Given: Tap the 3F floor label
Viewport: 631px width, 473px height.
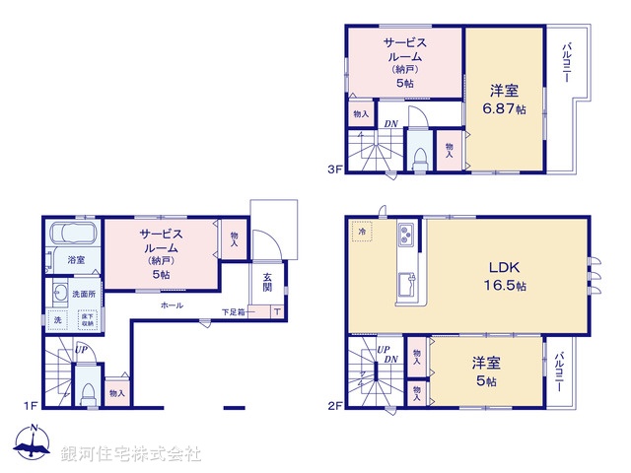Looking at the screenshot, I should click(x=335, y=169).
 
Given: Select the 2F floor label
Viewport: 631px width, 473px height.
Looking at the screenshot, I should click(x=335, y=405).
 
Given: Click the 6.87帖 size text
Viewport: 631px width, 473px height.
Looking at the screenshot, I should click(x=505, y=109).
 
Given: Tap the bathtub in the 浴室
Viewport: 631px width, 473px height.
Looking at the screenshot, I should click(x=71, y=236).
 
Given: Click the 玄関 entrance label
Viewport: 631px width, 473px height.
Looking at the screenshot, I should click(x=267, y=282).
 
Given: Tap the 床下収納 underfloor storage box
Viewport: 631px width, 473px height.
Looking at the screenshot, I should click(x=87, y=319).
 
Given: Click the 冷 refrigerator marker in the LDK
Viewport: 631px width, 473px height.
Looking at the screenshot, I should click(x=362, y=232).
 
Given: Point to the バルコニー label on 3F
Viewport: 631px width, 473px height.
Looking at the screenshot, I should click(x=568, y=65).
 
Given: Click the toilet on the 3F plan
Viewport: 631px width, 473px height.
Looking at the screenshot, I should click(x=421, y=156).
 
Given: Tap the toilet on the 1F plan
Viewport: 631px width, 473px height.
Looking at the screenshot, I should click(x=87, y=391).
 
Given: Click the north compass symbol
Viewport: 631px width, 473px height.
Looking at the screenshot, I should click(x=34, y=446).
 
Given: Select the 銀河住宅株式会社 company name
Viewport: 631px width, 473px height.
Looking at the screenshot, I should click(x=131, y=454).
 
